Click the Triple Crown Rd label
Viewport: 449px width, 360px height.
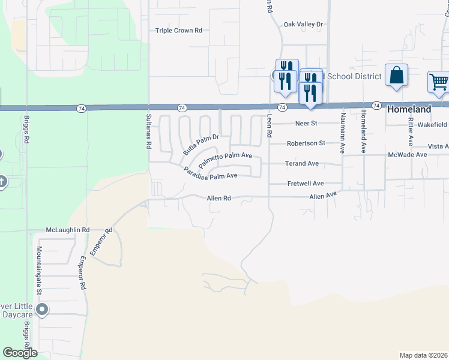(x=179, y=31)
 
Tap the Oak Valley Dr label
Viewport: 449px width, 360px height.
(x=303, y=24)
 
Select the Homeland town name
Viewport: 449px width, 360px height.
(x=409, y=110)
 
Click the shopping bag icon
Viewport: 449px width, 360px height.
(x=396, y=76)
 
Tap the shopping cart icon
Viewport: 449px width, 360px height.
(x=438, y=82)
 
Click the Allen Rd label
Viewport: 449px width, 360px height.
(x=218, y=197)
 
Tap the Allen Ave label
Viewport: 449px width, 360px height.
(x=324, y=196)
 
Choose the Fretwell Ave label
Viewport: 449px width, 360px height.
(x=305, y=184)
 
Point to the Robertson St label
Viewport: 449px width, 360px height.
(x=306, y=143)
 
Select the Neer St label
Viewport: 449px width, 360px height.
(x=305, y=124)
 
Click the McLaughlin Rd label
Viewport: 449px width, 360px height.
(x=67, y=230)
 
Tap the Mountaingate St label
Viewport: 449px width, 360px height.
(x=38, y=270)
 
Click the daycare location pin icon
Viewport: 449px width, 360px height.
(x=41, y=310)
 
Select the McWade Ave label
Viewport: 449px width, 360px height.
(x=408, y=154)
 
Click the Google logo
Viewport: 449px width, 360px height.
(x=20, y=353)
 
